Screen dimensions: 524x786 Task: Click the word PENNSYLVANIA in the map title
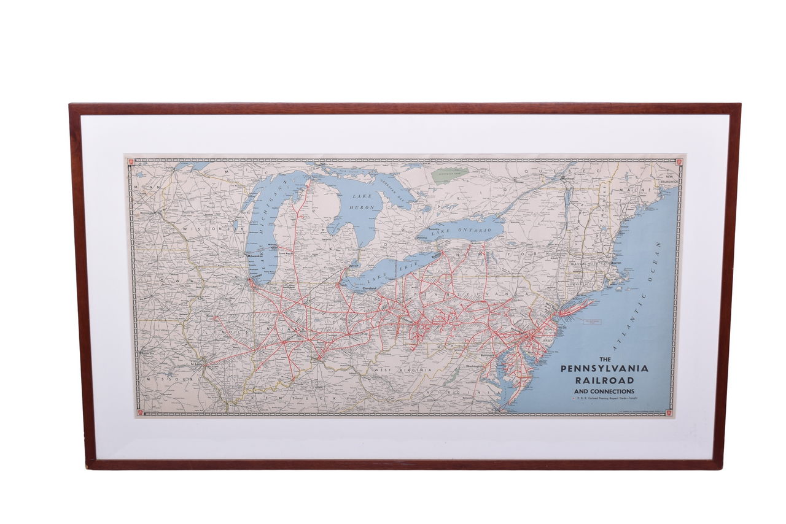click(604, 369)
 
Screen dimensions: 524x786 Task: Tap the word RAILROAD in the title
click(604, 380)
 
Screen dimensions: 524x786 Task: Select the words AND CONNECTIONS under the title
click(604, 391)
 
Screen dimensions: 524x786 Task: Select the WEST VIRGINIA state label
click(399, 371)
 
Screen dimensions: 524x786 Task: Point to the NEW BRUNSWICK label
click(667, 180)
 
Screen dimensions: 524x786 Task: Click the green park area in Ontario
click(450, 175)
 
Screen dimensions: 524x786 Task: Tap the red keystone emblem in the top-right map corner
click(679, 162)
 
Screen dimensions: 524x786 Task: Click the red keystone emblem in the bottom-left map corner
click(139, 412)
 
